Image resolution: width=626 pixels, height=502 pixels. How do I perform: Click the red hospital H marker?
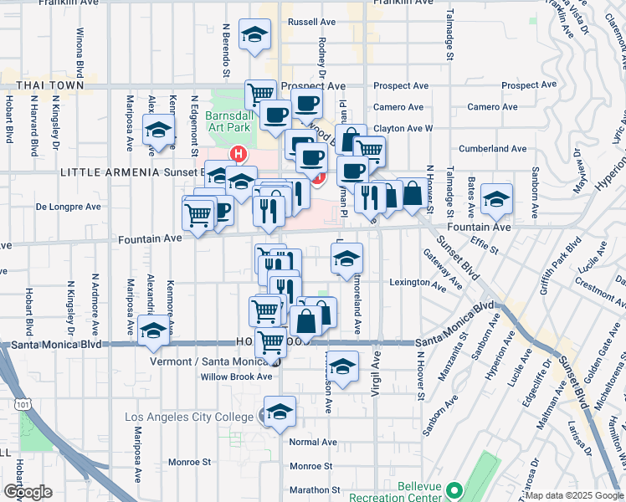(x=239, y=154)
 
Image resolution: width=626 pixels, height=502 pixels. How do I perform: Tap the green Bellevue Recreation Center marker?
(x=454, y=489)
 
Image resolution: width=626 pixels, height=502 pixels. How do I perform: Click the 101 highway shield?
(x=19, y=404)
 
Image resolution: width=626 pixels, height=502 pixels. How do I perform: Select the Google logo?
(x=28, y=492)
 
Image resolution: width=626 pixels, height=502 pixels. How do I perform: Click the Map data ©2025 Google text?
(x=573, y=495)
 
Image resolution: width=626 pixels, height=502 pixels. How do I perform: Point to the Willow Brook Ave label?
(x=236, y=376)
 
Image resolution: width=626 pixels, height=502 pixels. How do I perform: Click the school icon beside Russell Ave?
(x=255, y=35)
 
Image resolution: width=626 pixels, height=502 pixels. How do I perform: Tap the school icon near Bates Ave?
(x=497, y=199)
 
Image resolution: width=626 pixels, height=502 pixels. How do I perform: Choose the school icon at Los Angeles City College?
(x=280, y=411)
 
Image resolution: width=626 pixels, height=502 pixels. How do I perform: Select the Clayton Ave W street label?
(x=403, y=128)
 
